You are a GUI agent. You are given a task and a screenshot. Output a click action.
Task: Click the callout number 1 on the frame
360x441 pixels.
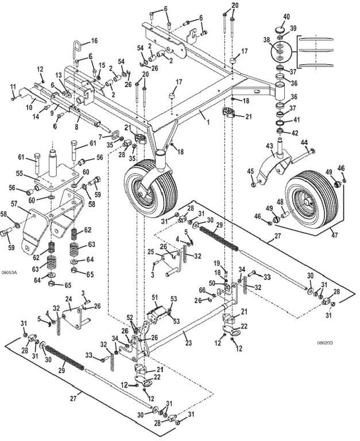(x=205, y=116)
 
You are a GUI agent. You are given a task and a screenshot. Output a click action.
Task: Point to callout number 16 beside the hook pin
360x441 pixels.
(x=94, y=41)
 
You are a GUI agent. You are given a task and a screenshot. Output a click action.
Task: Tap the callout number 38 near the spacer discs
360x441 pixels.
(x=266, y=40)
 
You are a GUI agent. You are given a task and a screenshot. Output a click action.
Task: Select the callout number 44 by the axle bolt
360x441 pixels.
(x=304, y=142)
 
